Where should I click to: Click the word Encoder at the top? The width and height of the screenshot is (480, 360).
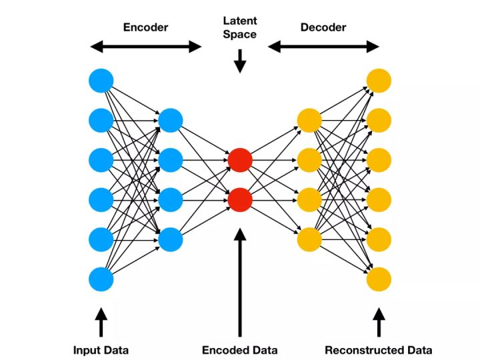pos(145,27)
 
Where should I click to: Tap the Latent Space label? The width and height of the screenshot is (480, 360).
pos(240,28)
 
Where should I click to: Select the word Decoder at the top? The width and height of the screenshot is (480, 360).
pos(323,27)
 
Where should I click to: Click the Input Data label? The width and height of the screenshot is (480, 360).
pos(101,350)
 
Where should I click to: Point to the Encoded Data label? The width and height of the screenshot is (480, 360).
pos(239,350)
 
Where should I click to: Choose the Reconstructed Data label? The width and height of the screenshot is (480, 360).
pos(378,350)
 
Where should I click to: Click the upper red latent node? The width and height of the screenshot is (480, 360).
pos(240,160)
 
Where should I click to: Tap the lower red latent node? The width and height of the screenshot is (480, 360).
pos(240,199)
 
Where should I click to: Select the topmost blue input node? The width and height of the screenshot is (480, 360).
pos(101,81)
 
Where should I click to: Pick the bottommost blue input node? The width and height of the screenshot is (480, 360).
pos(101,279)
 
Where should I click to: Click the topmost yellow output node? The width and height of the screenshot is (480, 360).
pos(379,81)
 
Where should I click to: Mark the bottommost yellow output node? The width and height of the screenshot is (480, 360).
pos(379,279)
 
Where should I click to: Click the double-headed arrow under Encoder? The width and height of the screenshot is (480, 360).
pos(145,46)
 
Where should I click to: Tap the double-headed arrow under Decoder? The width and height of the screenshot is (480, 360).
pos(323,46)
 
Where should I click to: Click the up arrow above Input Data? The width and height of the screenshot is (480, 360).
pos(101,321)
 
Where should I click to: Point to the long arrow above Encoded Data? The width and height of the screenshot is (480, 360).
pos(240,280)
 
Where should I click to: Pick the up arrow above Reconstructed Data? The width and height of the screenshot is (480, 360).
pos(379,321)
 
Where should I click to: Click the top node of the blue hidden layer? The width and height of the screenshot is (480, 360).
pos(171,121)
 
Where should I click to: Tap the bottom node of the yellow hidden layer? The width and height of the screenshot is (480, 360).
pos(309,239)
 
